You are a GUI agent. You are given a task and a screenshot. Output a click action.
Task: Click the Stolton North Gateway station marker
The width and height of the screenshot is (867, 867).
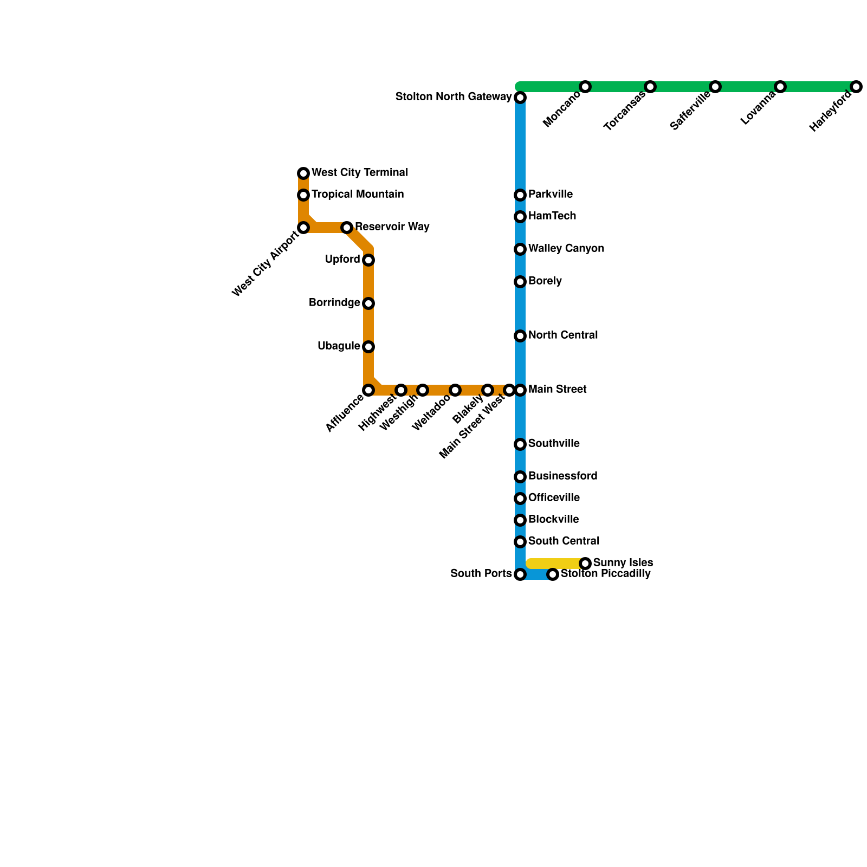[520, 98]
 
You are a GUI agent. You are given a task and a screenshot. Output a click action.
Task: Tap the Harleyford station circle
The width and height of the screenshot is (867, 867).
[856, 87]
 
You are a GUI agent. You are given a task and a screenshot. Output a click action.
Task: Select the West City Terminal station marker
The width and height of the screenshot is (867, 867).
[303, 173]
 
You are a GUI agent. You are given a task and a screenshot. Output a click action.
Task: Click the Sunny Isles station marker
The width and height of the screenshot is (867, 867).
[585, 564]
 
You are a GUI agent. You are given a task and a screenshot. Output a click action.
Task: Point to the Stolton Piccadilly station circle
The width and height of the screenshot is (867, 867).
[553, 574]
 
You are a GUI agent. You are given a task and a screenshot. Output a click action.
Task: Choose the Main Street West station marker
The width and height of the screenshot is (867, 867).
[509, 390]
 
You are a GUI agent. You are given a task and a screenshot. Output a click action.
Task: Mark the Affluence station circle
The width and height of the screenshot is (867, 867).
[368, 390]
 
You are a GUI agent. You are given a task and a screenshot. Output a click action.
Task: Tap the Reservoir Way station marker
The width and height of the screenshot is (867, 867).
[347, 228]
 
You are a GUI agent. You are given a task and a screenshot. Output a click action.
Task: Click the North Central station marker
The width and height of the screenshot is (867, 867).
[520, 336]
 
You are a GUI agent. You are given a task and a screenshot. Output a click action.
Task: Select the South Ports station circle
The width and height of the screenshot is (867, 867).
[520, 574]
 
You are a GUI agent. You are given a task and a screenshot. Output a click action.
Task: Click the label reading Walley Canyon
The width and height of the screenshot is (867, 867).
[566, 249]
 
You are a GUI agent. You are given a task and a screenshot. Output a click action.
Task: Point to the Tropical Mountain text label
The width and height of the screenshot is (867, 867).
[358, 195]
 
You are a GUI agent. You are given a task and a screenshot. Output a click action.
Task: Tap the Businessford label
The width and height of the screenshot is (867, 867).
[562, 476]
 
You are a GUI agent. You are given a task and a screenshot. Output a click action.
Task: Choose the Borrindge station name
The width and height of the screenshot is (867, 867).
[334, 303]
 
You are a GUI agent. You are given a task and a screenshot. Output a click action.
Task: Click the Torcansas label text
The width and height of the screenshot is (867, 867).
[625, 112]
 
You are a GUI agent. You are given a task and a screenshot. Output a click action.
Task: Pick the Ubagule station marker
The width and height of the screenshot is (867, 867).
[368, 347]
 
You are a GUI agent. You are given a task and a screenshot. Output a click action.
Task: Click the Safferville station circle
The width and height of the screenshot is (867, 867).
[715, 87]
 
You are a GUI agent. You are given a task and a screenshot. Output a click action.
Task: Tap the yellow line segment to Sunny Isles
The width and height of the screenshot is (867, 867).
[555, 564]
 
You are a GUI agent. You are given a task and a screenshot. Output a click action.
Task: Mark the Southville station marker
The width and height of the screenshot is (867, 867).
[520, 444]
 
